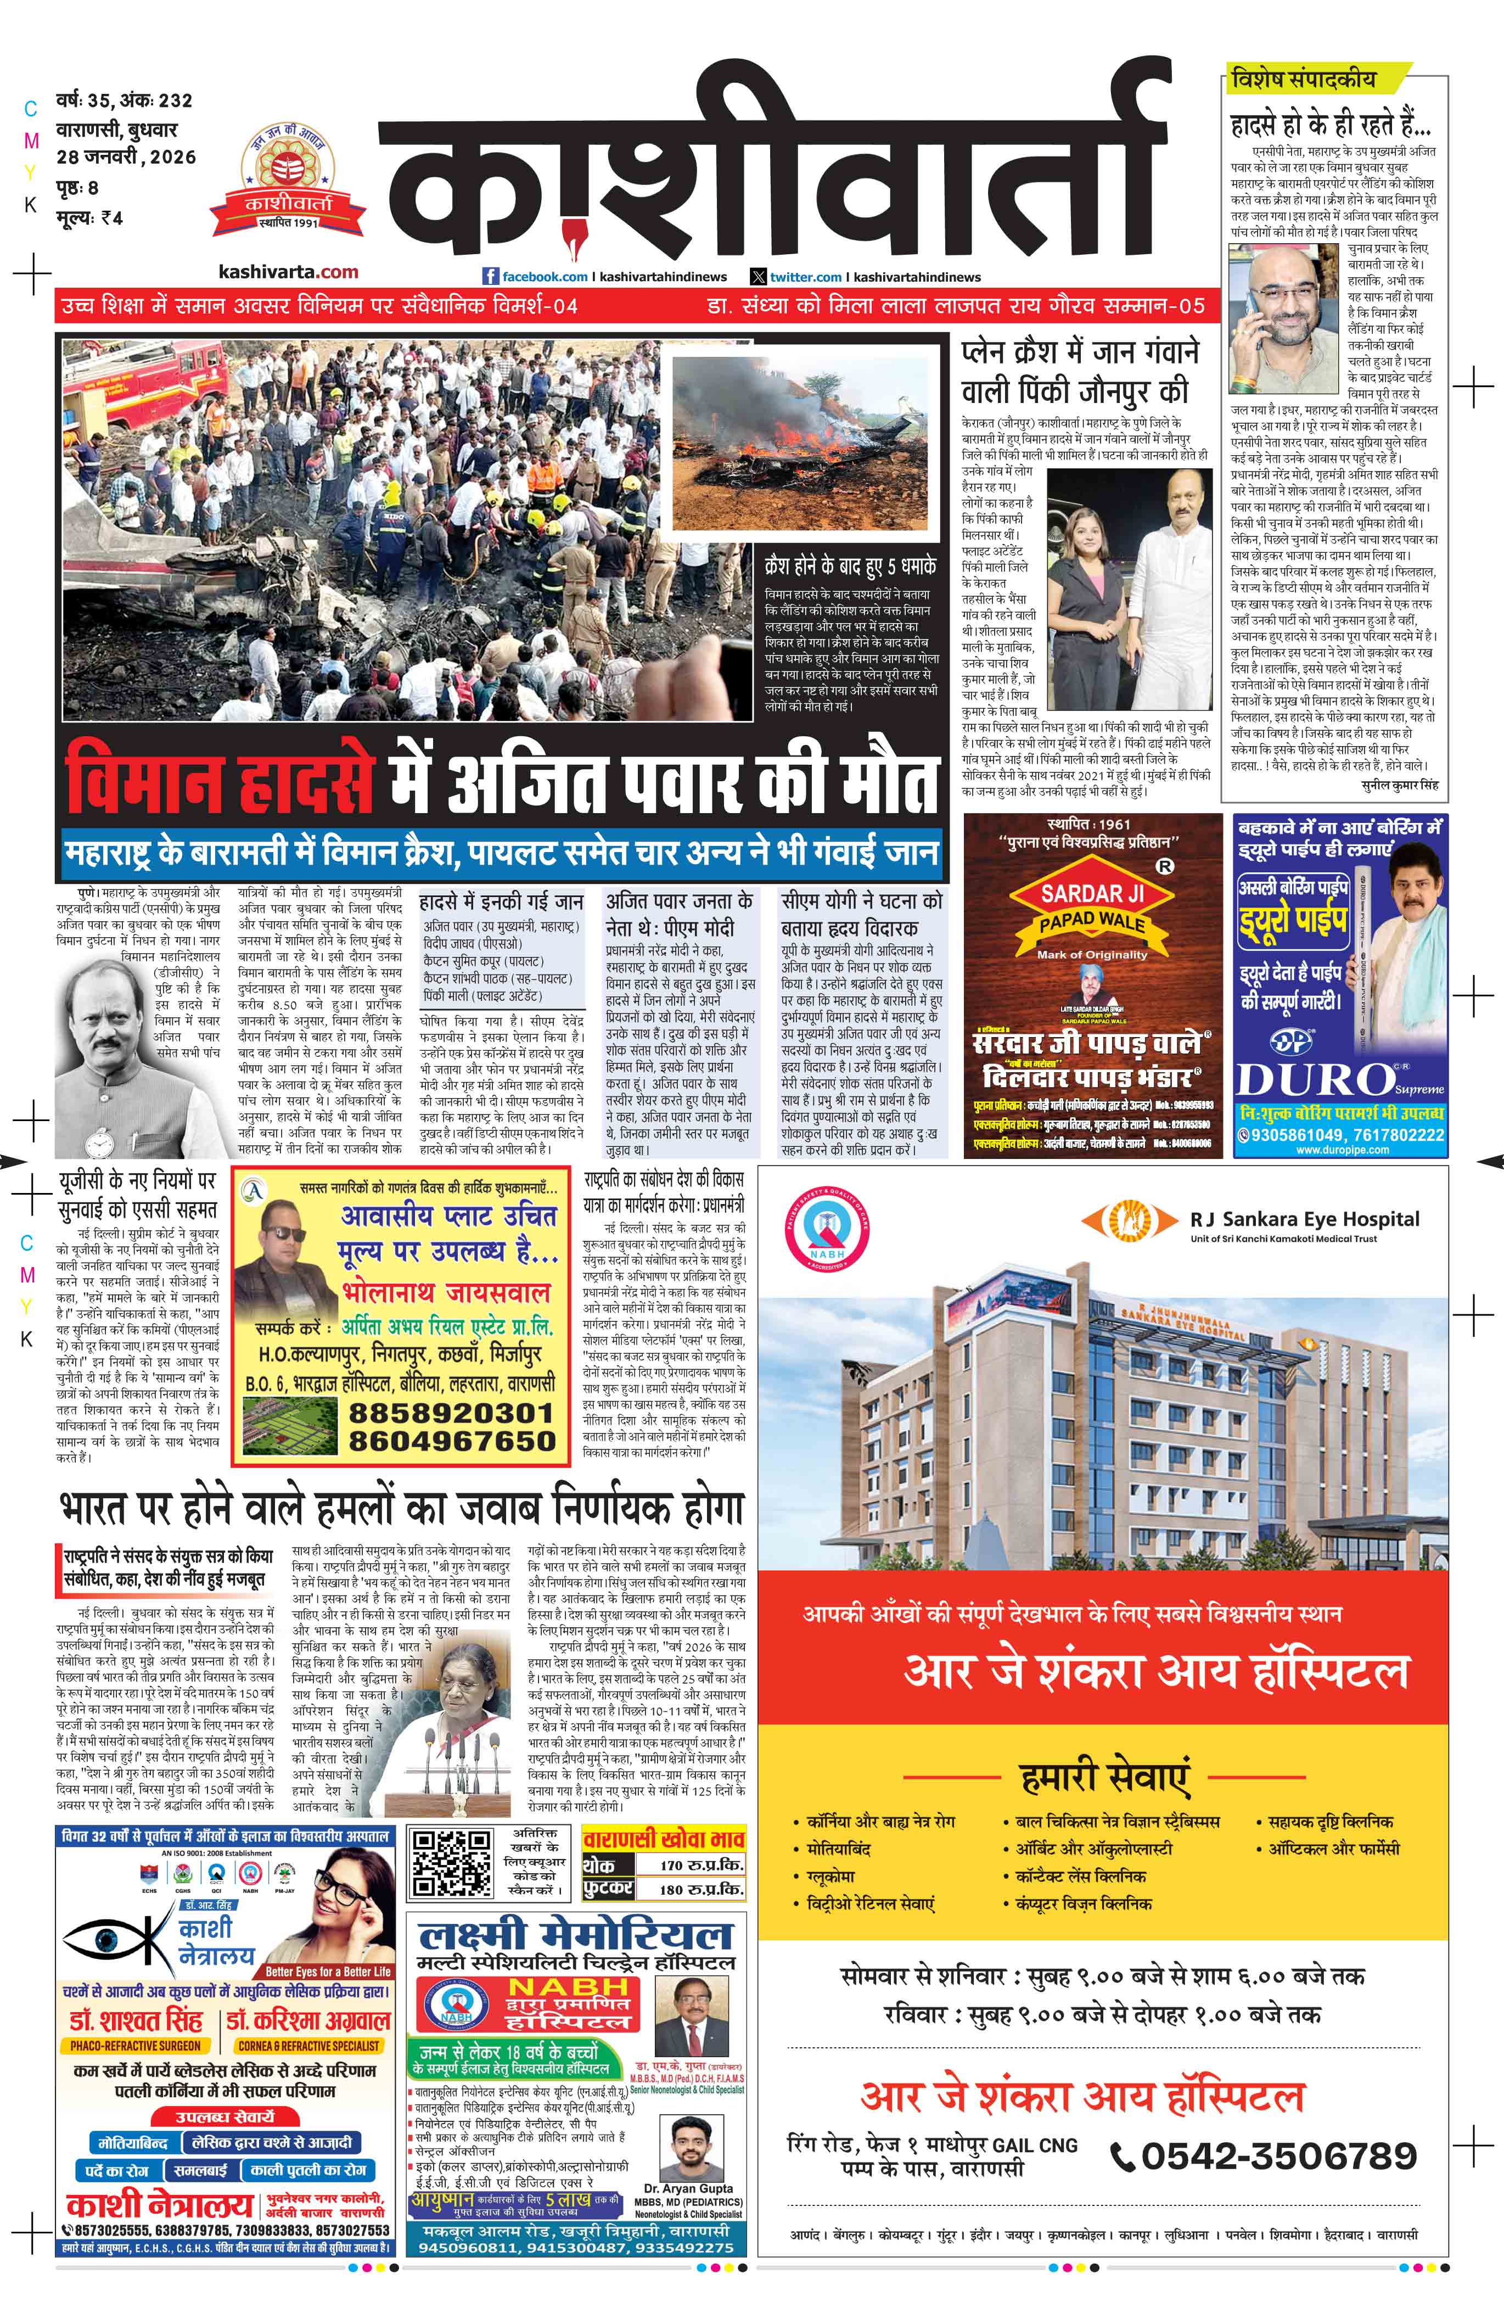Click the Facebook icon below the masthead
point(492,277)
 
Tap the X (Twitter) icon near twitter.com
point(759,277)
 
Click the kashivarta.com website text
point(289,272)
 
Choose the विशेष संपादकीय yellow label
point(1302,79)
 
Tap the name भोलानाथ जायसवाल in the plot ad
point(445,1292)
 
